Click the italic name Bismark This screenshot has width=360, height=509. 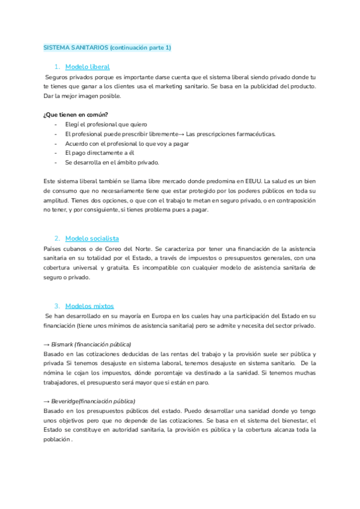[62, 345]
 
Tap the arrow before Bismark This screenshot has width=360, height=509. [47, 345]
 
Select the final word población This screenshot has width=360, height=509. [57, 440]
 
